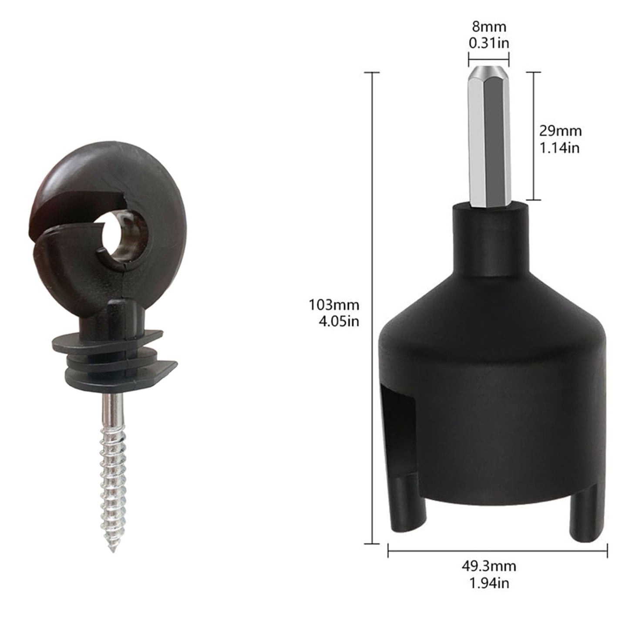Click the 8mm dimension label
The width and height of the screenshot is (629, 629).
coord(489,27)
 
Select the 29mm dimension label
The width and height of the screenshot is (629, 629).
coord(560,131)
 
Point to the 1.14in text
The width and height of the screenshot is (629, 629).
coord(559,148)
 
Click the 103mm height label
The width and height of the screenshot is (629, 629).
coord(334,305)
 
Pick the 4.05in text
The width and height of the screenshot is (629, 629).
coord(339,322)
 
